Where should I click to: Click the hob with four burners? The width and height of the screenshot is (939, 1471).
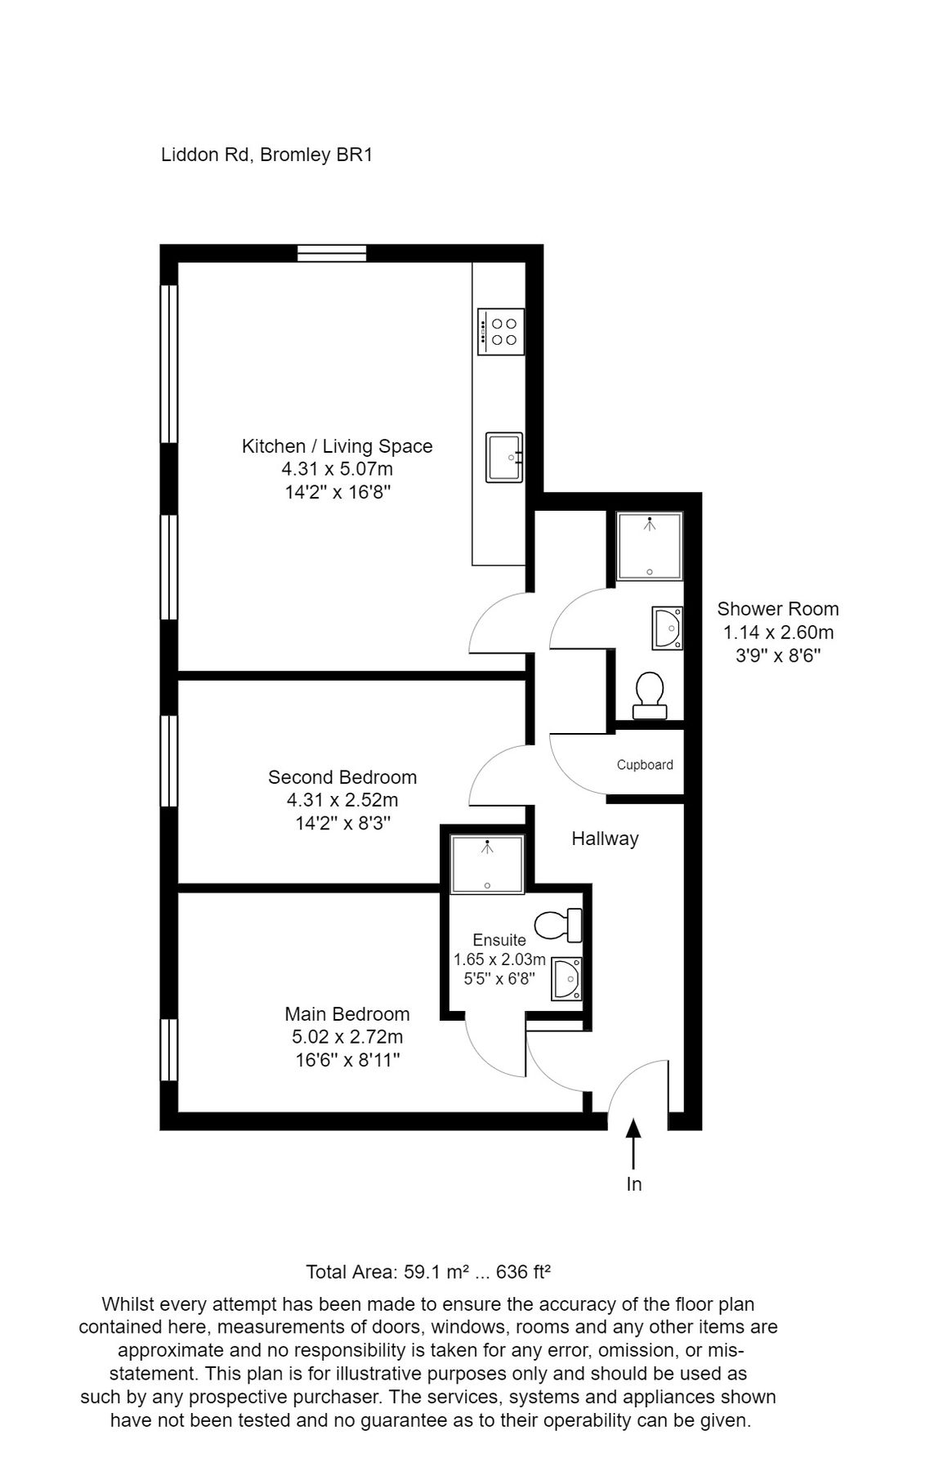tap(500, 332)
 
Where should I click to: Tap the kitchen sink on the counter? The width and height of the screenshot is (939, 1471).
tap(503, 458)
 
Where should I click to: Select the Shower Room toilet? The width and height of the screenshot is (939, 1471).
tap(651, 695)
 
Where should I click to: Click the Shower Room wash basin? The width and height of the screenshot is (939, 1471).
tap(667, 628)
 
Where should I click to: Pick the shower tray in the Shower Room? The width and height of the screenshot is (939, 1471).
tap(649, 545)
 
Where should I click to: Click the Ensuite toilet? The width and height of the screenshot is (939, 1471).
tap(558, 924)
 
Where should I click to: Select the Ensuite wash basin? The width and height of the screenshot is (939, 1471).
tap(566, 978)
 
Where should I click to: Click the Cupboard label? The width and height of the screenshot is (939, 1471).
tap(645, 765)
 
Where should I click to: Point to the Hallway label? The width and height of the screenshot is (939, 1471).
tap(605, 838)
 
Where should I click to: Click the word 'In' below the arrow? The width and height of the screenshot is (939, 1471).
tap(633, 1184)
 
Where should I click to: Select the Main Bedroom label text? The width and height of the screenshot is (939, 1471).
tap(347, 1014)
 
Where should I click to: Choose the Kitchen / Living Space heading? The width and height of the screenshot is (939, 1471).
tap(337, 446)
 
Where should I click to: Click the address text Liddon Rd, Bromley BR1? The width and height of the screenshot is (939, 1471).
tap(267, 154)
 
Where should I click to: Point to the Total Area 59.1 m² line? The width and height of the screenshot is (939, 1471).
tap(428, 1272)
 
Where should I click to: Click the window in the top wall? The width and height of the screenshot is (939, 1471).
tap(331, 253)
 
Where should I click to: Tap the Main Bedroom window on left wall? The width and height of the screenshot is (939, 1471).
tap(168, 1050)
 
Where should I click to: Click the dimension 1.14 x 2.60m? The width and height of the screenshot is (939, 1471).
tap(777, 632)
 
